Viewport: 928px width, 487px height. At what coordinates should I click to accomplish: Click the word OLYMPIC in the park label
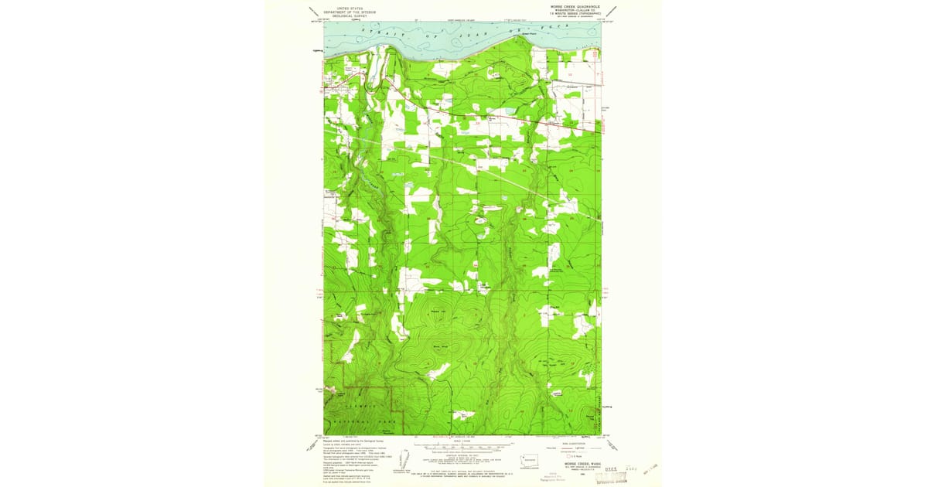[x=358, y=404]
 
